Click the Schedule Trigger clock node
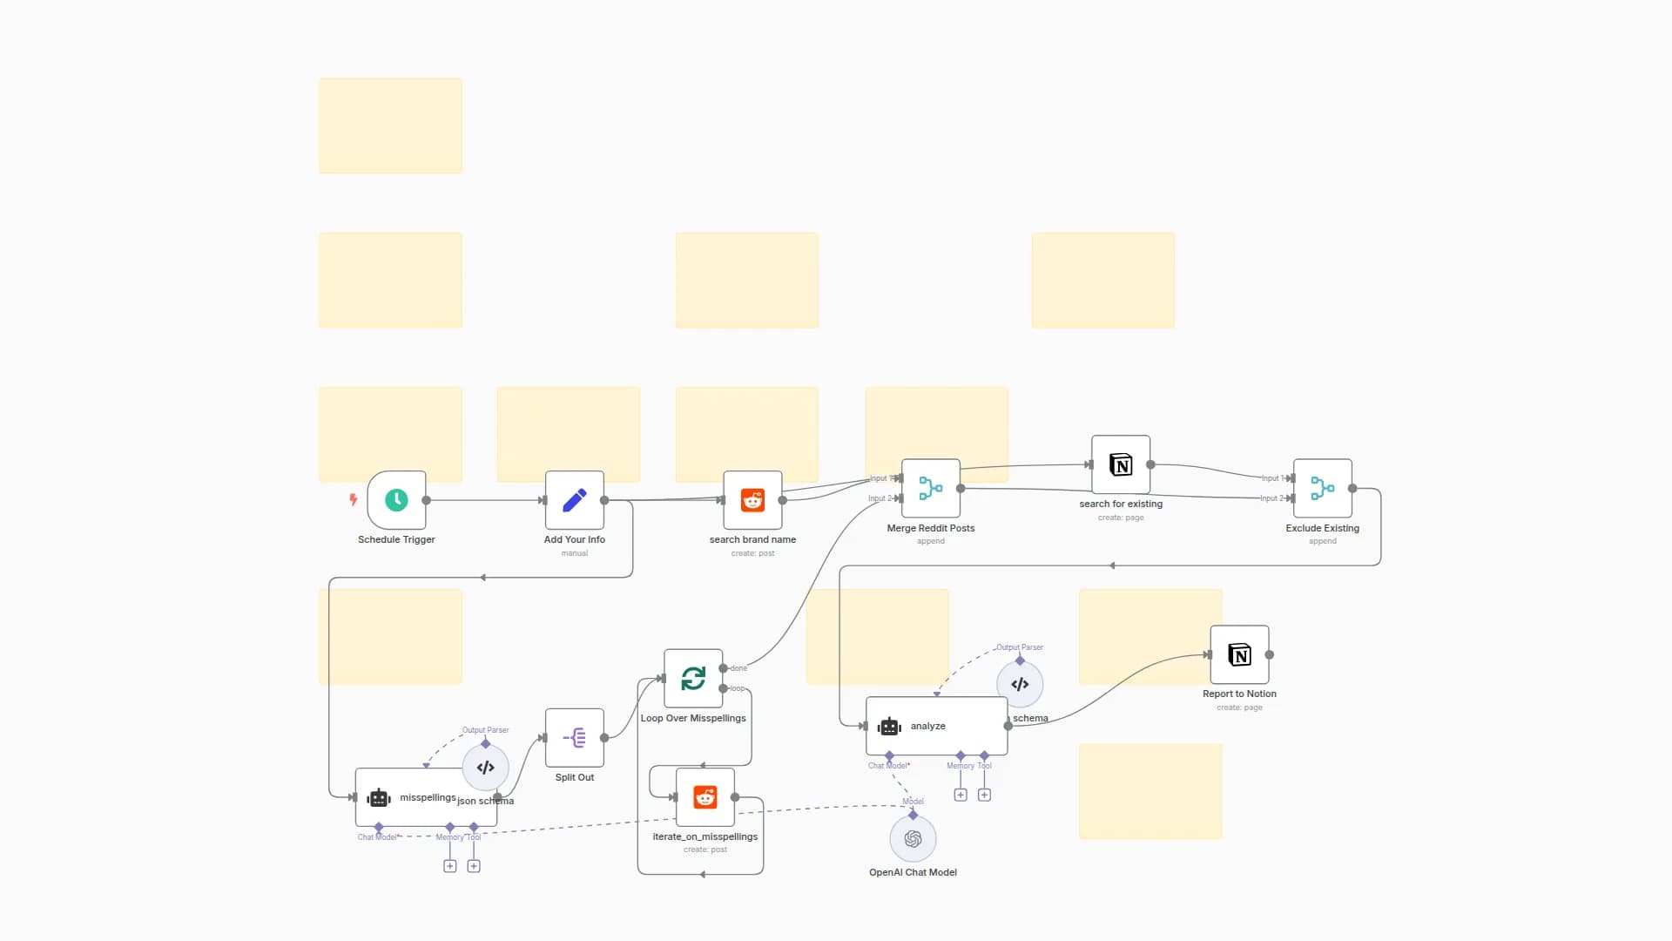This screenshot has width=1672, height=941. click(396, 500)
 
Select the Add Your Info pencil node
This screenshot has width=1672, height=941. click(574, 500)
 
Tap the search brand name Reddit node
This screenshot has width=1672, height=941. click(752, 500)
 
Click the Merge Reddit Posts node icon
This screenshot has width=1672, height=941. click(930, 488)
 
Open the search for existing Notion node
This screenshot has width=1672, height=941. click(1121, 464)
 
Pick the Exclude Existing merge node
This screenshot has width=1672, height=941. click(1322, 488)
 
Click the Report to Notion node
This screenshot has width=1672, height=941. click(1239, 654)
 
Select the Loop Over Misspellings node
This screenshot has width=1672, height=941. click(693, 678)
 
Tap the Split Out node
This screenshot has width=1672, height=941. click(574, 738)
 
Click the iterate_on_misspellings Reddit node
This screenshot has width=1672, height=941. click(705, 797)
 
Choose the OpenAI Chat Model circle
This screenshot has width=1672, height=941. click(913, 838)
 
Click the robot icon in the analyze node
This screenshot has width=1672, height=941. click(889, 726)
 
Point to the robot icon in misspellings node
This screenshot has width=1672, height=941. click(379, 797)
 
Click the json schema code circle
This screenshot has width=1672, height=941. click(485, 768)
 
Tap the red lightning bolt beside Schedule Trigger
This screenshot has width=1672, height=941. click(353, 499)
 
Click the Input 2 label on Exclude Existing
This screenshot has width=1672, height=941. click(1270, 498)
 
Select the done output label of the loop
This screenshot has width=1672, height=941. click(738, 668)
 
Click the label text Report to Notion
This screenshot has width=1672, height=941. click(1239, 694)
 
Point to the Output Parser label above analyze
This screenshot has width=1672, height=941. click(1020, 647)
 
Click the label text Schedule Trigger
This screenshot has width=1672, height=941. click(396, 539)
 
